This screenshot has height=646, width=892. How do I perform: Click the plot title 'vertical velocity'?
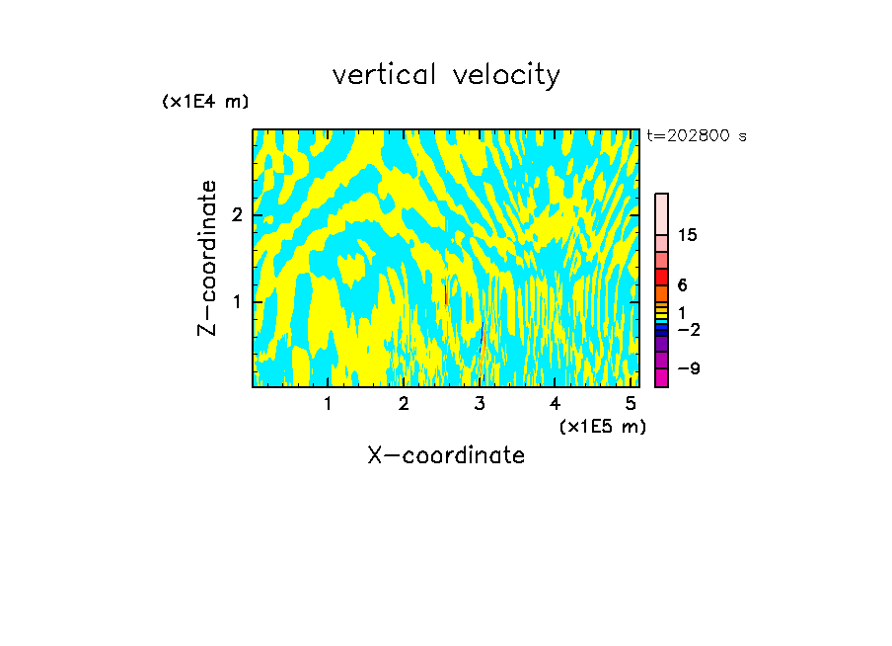[x=446, y=75]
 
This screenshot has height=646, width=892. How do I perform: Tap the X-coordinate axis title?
[x=446, y=455]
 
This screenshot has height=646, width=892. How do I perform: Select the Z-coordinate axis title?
[x=207, y=258]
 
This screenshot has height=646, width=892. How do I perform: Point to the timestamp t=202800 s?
[x=697, y=136]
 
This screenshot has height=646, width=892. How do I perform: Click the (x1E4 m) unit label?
[x=205, y=102]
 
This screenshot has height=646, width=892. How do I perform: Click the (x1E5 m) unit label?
[x=602, y=426]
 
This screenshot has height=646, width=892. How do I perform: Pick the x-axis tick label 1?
[x=328, y=403]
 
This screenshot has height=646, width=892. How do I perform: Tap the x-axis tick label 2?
[x=404, y=403]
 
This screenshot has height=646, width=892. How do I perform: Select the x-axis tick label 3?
[x=480, y=403]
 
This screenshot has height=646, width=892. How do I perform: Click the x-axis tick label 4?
[x=555, y=403]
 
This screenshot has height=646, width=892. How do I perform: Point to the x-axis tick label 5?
[x=631, y=403]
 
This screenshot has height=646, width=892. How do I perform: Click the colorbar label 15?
[x=688, y=235]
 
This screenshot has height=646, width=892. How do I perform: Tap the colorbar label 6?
[x=682, y=285]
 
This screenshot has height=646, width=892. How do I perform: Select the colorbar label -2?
[x=689, y=329]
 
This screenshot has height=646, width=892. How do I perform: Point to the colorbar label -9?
[x=689, y=368]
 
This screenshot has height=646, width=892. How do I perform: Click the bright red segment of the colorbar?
[x=661, y=278]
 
